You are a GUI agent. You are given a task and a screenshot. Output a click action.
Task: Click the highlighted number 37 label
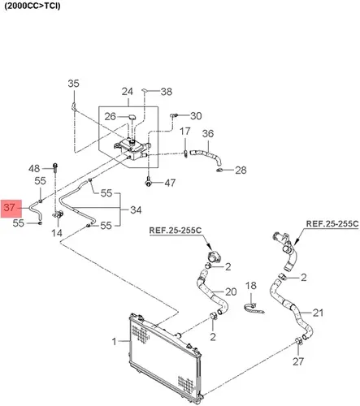pos(9,208)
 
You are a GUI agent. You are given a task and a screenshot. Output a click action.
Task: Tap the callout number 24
pos(127,92)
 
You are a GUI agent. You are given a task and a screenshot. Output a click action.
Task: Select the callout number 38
pos(167,92)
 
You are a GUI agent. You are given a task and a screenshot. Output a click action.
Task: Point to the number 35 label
pos(73,84)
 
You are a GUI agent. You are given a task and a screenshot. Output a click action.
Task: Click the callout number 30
pos(196,116)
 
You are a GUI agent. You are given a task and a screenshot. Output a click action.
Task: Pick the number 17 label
pos(185,132)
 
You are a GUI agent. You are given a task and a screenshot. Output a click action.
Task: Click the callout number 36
pos(208,133)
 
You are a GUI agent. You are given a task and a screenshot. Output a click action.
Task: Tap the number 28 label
pos(241,170)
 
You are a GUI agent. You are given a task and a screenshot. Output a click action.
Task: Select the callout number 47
pos(170,183)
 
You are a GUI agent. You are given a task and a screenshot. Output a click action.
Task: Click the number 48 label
pos(34,169)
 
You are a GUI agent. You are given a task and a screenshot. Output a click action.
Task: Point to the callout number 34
pos(136,209)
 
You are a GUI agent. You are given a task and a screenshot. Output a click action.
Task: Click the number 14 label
pos(57,232)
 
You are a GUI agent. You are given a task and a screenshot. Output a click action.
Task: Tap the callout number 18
pos(251,286)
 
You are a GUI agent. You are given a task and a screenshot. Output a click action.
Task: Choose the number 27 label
pos(298,361)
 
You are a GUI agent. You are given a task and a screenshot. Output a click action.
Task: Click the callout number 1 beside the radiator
pos(115,342)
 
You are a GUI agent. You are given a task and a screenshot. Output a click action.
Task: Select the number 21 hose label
pos(318,313)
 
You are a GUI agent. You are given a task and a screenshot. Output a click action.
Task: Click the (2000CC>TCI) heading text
pos(33,6)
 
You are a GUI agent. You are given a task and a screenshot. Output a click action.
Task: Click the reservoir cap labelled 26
pos(132,117)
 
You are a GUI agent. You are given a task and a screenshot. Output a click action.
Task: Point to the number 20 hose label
pos(231,292)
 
